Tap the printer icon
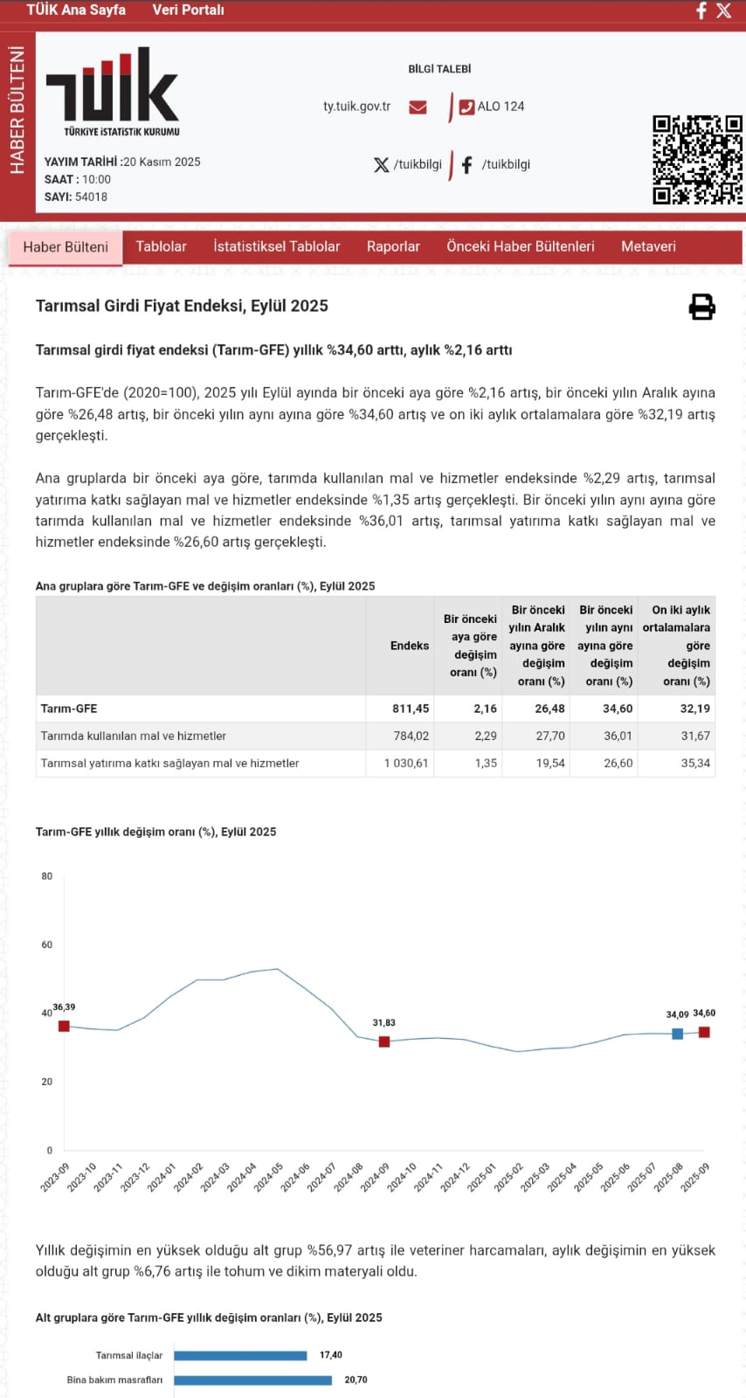click(x=702, y=307)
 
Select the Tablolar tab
click(x=161, y=246)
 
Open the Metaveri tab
click(x=648, y=246)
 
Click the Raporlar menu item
click(x=393, y=246)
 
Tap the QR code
click(x=697, y=159)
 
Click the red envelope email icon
click(x=418, y=107)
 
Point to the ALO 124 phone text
click(x=501, y=107)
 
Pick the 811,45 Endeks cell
click(x=411, y=709)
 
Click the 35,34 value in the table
click(x=695, y=763)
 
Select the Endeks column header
click(x=410, y=646)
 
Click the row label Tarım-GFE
click(x=69, y=709)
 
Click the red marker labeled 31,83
click(x=384, y=1042)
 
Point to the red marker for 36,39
click(x=64, y=1026)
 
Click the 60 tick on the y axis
click(x=47, y=945)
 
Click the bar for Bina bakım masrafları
click(x=252, y=1381)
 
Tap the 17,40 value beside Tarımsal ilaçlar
click(x=331, y=1355)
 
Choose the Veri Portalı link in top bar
click(x=188, y=10)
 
